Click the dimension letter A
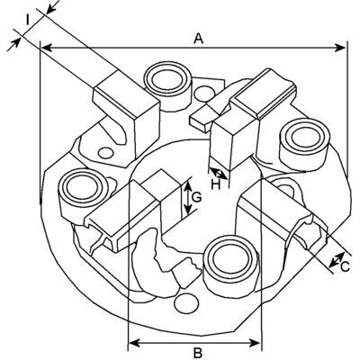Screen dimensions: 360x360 pos(198,39)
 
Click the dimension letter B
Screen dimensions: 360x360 pos(198,353)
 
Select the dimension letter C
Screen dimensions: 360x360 pos(346,266)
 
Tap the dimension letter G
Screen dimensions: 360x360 pos(196,197)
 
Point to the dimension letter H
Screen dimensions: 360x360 pos(215,184)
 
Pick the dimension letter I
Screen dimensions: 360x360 pos(28,21)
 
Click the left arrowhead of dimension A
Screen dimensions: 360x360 pos(46,48)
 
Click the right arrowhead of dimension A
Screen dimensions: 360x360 pos(340,48)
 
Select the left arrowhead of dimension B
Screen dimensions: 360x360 pos(134,342)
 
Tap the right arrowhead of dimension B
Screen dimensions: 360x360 pos(255,342)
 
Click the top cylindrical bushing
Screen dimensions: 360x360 pos(167,85)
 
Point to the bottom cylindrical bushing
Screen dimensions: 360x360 pos(230,264)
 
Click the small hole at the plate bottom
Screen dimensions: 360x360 pos(186,304)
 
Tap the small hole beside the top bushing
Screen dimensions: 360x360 pos(204,94)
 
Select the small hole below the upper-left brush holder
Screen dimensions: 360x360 pos(106,153)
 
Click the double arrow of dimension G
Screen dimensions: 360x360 pos(188,198)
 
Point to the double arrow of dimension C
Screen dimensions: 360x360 pos(337,260)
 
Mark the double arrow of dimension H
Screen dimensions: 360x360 pos(219,174)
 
